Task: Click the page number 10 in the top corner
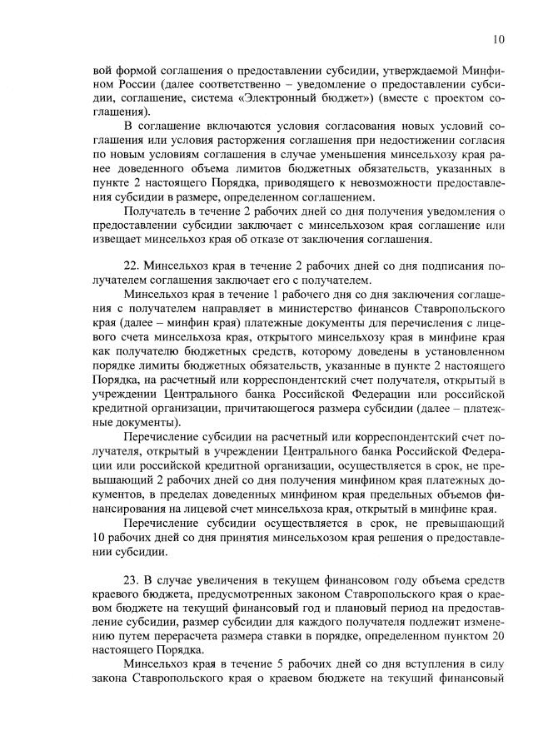[x=498, y=38]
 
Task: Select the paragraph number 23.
[x=131, y=579]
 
